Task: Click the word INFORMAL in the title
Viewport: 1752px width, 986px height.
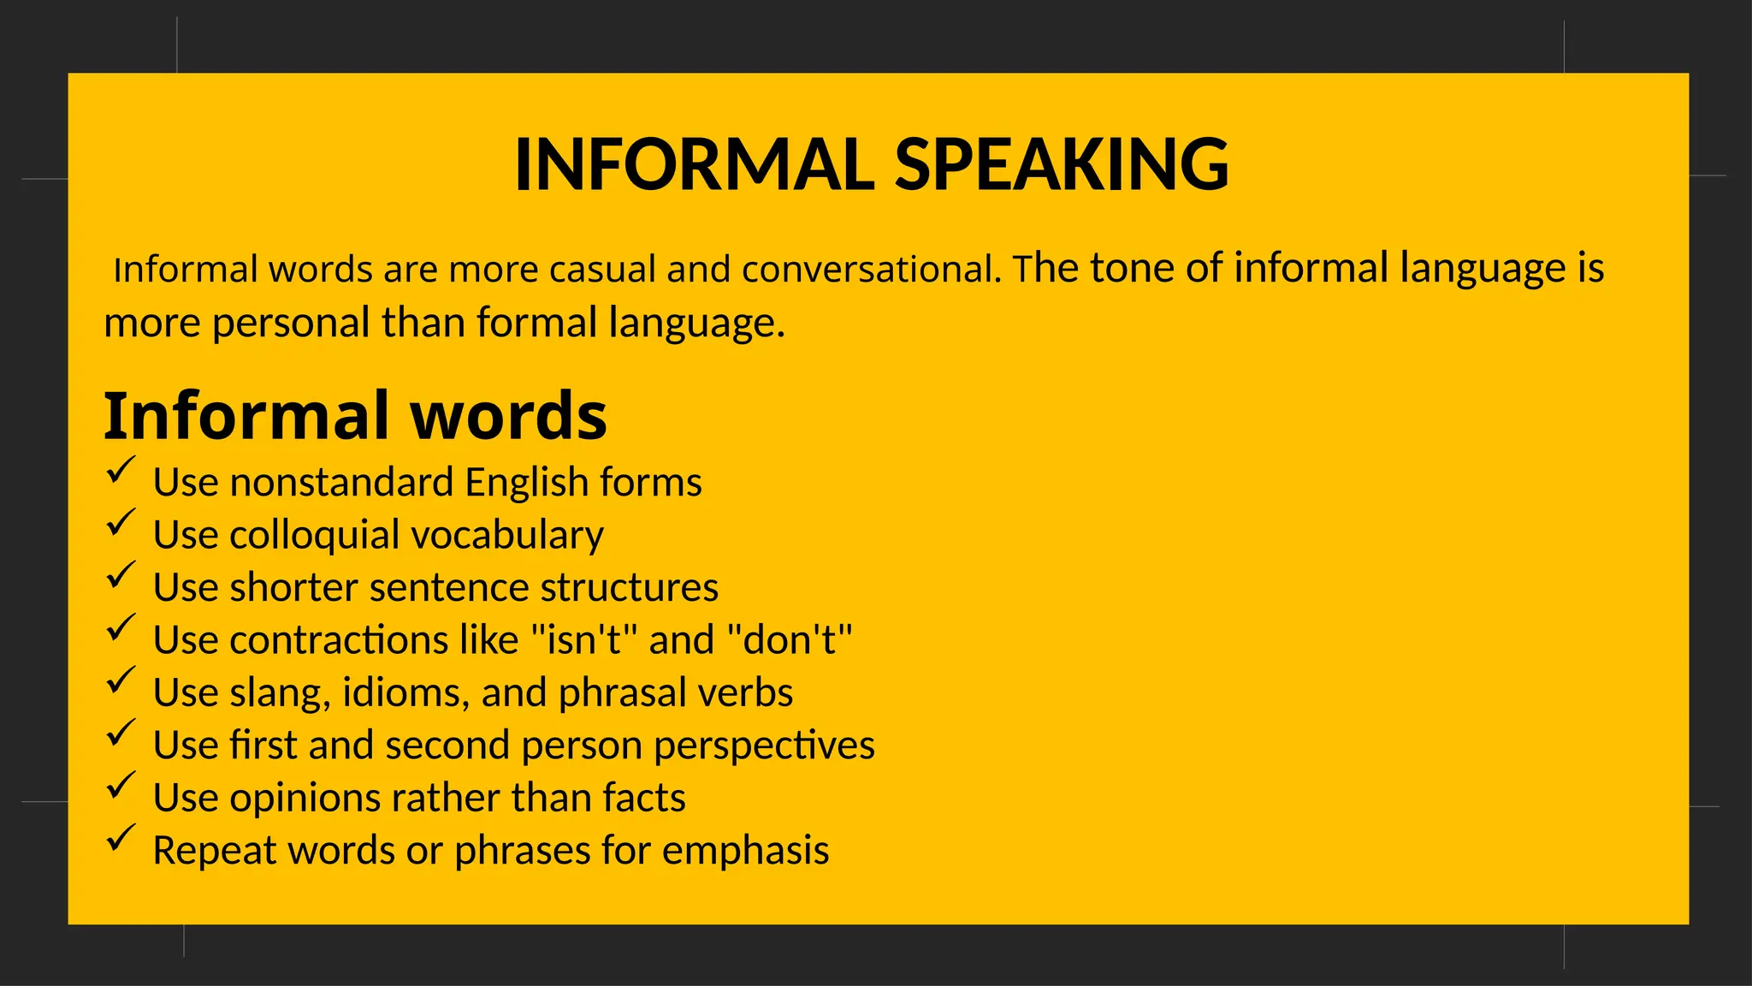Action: [x=695, y=164]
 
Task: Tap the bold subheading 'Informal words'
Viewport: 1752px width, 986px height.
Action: [x=355, y=416]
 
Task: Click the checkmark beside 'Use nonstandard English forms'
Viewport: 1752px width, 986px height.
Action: [x=121, y=471]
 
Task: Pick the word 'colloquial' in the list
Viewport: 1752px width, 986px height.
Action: [x=314, y=536]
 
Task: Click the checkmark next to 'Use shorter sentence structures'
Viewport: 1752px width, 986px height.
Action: [x=121, y=576]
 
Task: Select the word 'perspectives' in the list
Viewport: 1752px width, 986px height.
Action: [x=764, y=745]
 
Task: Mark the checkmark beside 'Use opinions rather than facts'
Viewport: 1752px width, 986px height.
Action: [x=121, y=786]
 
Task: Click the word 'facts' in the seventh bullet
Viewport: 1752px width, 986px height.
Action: [x=643, y=799]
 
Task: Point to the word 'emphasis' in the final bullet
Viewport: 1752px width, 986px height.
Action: [x=745, y=852]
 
